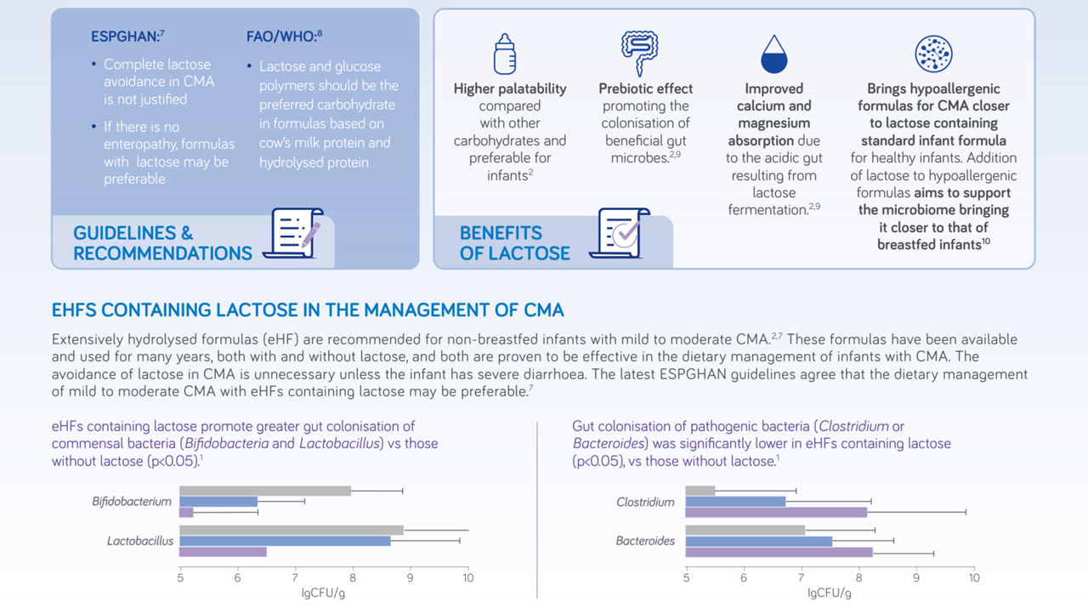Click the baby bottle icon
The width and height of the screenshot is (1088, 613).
tap(505, 54)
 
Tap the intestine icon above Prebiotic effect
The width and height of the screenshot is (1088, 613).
tap(640, 53)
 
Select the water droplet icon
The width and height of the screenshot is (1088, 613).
tap(773, 54)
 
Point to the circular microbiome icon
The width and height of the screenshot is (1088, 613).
tap(933, 54)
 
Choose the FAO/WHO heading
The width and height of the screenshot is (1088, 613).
tap(284, 36)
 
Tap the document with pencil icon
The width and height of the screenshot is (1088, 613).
tap(293, 233)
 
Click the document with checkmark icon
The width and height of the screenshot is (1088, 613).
tap(620, 233)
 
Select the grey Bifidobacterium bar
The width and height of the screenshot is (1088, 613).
tap(265, 491)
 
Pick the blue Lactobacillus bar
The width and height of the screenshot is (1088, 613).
tap(285, 541)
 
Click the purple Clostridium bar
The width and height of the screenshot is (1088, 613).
tap(776, 513)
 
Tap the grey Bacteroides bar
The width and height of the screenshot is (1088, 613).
tap(745, 530)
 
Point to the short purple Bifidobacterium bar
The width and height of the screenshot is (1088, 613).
tap(186, 513)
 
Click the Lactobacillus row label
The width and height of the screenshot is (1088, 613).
tap(140, 541)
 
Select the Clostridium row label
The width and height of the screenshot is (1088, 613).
tap(645, 502)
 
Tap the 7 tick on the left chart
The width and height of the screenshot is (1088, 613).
tap(295, 577)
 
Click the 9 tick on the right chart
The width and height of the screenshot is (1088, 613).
tap(916, 577)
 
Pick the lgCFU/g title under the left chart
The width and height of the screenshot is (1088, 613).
tap(323, 593)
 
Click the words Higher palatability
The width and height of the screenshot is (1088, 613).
tap(510, 88)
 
